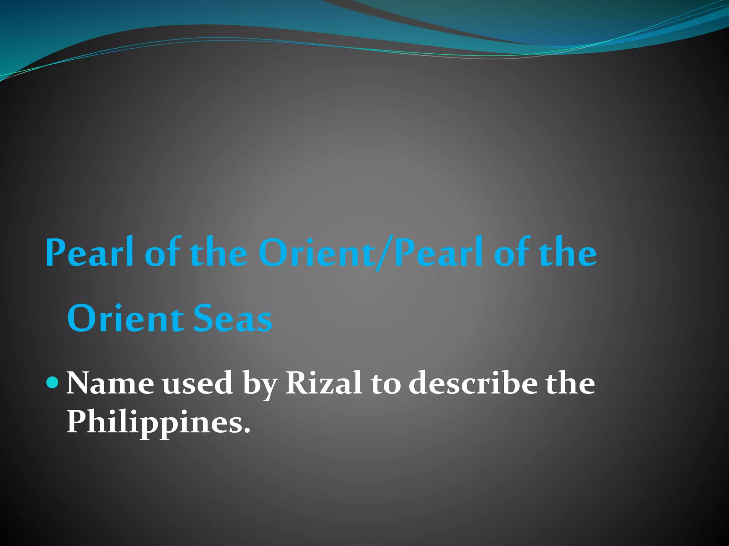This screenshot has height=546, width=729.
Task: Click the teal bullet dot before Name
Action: [52, 382]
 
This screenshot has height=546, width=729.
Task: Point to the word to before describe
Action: [386, 384]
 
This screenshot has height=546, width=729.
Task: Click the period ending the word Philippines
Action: [247, 430]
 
